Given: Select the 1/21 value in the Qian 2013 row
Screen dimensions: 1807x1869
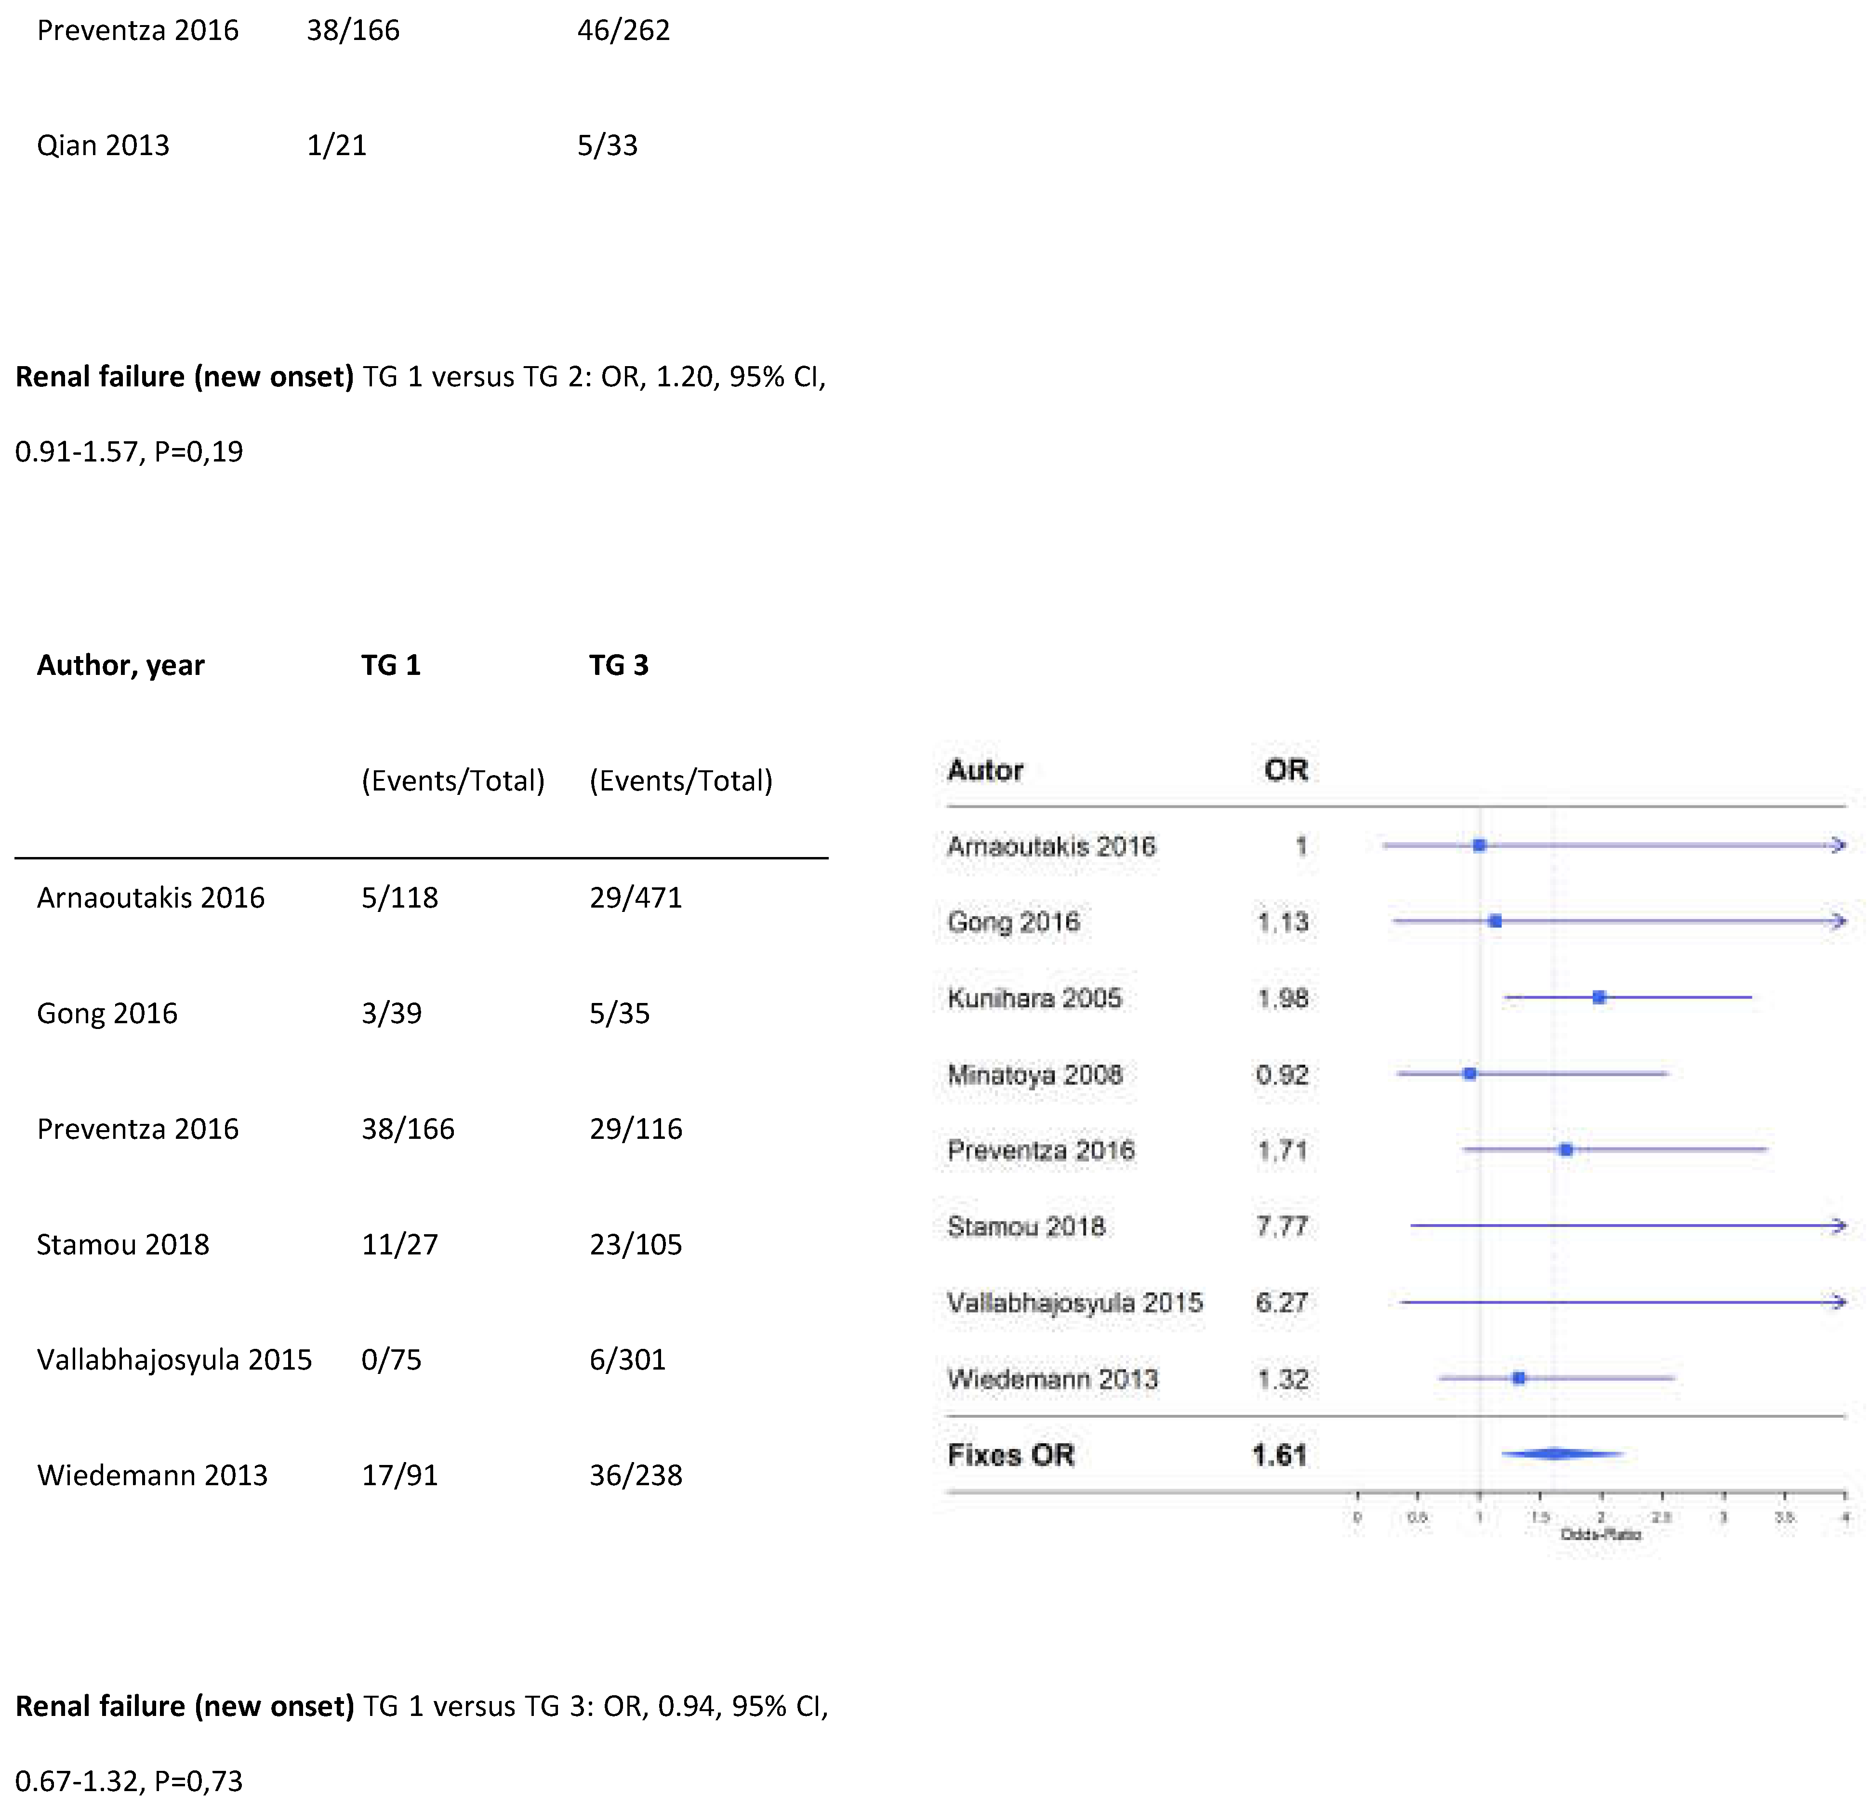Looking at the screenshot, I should click(x=337, y=146).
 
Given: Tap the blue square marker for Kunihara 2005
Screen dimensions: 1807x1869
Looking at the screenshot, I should click(x=1599, y=997).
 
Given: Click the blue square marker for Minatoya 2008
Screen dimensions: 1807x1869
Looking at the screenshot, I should click(x=1470, y=1074).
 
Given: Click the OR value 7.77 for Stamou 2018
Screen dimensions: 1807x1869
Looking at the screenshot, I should click(x=1282, y=1227).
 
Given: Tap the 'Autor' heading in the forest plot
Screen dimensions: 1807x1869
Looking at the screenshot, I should click(x=985, y=770).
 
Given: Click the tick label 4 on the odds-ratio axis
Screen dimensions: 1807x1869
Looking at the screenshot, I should click(x=1845, y=1517).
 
